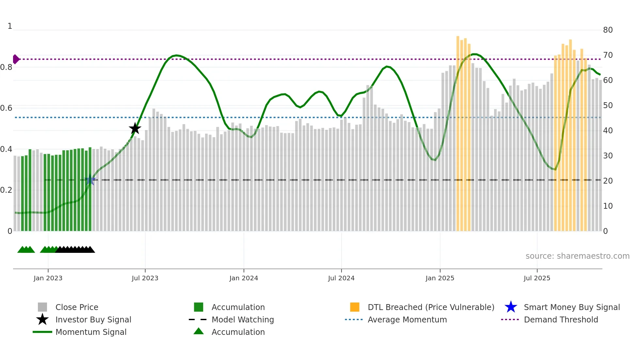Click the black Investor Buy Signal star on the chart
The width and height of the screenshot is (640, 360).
[135, 129]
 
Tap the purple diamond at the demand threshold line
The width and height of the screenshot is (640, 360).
[16, 59]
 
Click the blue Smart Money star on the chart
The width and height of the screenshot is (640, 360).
[90, 180]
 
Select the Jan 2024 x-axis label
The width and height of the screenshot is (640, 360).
[244, 278]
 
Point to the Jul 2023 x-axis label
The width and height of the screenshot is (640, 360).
[145, 278]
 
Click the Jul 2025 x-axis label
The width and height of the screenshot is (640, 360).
[537, 278]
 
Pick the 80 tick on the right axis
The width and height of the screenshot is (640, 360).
[608, 30]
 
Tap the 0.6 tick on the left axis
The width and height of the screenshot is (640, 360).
[7, 108]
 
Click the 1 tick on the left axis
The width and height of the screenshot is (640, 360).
[10, 26]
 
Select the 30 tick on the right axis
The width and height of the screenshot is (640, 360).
[608, 156]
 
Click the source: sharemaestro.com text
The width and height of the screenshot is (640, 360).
[577, 256]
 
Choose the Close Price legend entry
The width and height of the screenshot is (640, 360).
[77, 307]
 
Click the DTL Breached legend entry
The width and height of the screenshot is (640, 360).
[431, 307]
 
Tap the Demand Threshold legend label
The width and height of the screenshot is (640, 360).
[561, 319]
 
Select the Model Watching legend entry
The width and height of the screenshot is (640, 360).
[243, 319]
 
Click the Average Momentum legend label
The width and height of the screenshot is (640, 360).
[407, 319]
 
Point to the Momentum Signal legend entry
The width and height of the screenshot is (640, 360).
[91, 332]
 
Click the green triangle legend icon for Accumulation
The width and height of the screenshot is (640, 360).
[199, 332]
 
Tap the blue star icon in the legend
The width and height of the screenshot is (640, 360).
[511, 307]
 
